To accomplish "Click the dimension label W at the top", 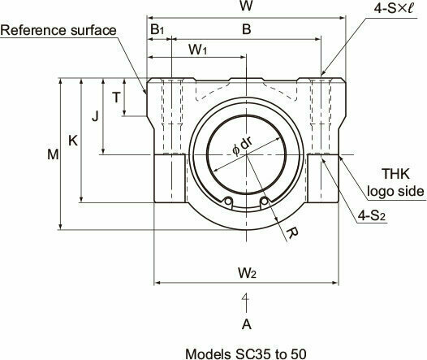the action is coord(246,6).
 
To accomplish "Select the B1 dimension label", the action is coord(157,29).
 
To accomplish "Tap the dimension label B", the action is coord(247,29).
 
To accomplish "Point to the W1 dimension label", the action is coord(198,50).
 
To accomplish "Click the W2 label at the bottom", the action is coord(247,272).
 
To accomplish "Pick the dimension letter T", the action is coord(116,98).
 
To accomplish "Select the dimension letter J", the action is coord(95,117).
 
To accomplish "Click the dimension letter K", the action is coord(73,141).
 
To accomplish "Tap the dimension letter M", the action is coord(53,154).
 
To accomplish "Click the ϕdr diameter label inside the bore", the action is coord(243,145).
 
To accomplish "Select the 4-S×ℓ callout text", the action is coord(393,8).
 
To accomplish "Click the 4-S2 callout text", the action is coord(372,216).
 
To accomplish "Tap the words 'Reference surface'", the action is coord(58,30).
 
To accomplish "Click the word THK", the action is coord(395,174).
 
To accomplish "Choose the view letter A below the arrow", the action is coord(247,324).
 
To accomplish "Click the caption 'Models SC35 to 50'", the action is coord(246,354).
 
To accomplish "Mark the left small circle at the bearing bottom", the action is coord(228,201).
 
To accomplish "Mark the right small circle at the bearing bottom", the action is coord(264,201).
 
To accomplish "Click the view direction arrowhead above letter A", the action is coord(246,297).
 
